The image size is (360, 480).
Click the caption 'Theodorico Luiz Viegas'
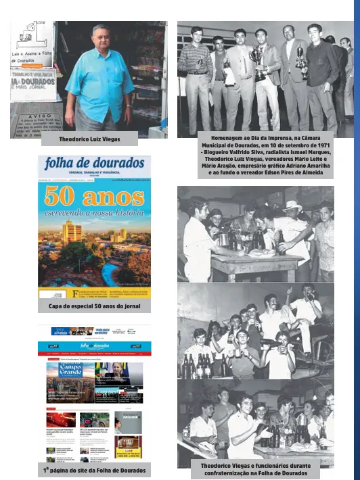(89, 139)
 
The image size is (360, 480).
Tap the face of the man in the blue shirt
(98, 36)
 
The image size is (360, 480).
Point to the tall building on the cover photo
(72, 234)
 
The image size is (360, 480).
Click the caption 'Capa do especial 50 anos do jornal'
(94, 306)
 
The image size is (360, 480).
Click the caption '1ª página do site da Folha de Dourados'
(94, 469)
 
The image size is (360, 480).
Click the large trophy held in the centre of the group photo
(257, 59)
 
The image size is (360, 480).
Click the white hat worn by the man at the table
(293, 206)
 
